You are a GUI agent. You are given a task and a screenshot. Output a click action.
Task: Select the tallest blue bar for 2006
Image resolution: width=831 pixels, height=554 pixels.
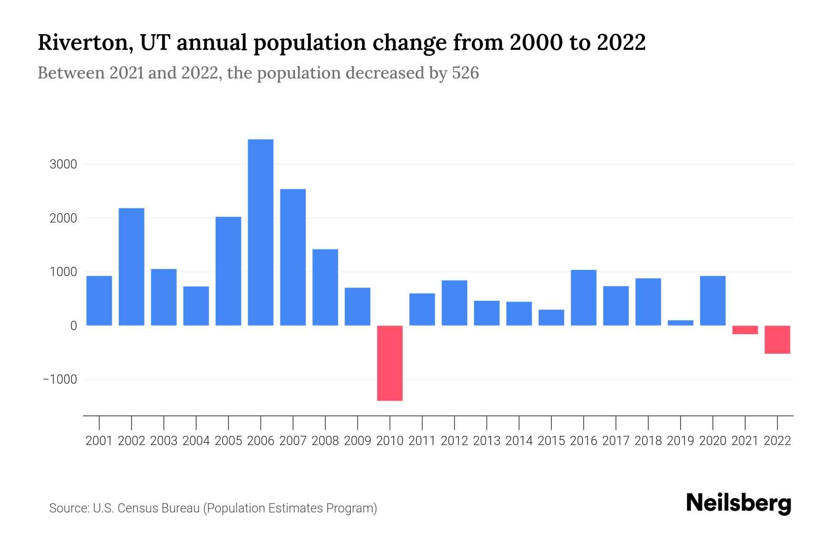tap(260, 232)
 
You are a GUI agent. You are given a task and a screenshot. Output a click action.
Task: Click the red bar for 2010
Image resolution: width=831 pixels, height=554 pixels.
tap(390, 363)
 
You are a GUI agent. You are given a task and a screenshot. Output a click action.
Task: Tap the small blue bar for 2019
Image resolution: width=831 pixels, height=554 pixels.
tap(680, 323)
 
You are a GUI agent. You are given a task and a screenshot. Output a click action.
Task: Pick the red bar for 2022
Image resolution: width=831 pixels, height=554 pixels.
tap(777, 339)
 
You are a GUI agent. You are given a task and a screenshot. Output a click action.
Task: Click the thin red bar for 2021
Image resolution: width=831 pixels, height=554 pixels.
tap(745, 330)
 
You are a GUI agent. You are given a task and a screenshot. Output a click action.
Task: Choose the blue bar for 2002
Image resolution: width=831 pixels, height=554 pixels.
tap(132, 267)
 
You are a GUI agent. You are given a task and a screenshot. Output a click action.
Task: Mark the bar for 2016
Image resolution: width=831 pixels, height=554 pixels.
tap(584, 298)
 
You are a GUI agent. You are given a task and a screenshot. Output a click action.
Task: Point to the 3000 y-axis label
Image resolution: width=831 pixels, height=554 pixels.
tap(63, 164)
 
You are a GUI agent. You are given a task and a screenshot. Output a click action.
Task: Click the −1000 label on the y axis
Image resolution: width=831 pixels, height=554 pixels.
tap(60, 379)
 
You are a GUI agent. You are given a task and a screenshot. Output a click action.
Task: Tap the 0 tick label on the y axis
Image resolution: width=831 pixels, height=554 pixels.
tap(73, 326)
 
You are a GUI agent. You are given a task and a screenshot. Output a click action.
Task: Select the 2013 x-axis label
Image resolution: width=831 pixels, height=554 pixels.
tap(487, 441)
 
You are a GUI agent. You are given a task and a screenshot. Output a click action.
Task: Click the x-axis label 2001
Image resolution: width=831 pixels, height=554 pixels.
tap(99, 441)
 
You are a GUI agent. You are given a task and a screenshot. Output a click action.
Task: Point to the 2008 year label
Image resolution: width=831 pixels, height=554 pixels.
tap(325, 441)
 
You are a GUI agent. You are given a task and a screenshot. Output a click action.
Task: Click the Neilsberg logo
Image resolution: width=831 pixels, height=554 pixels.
tap(739, 504)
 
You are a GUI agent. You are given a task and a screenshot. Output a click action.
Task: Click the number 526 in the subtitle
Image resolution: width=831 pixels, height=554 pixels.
tap(465, 73)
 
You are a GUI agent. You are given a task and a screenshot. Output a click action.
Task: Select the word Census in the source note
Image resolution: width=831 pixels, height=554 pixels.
tap(136, 508)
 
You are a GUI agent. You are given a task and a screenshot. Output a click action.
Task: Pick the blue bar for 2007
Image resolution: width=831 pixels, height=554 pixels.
tap(293, 257)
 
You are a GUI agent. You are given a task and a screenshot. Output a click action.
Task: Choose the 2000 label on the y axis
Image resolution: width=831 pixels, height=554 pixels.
tap(63, 218)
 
